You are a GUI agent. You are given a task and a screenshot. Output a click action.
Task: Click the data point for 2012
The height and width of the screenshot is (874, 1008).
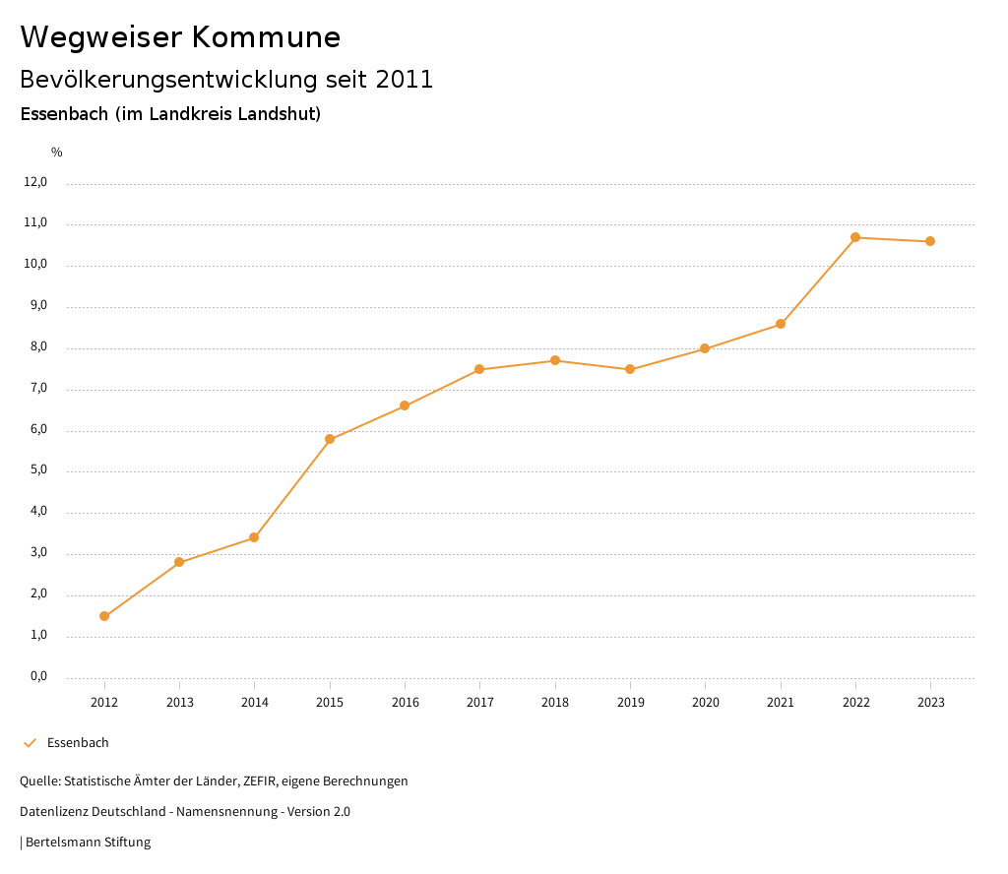point(104,616)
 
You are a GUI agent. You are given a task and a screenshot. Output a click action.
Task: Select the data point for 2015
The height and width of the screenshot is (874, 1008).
point(330,439)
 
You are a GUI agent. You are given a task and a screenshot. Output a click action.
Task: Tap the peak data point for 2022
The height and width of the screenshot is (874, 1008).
point(855,237)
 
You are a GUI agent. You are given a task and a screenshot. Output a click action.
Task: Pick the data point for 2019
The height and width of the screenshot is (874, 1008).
point(630,369)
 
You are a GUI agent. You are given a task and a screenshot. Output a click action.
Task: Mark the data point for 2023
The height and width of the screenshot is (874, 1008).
point(930,241)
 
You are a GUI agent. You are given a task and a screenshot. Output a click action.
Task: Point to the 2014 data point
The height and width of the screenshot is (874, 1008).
point(254,537)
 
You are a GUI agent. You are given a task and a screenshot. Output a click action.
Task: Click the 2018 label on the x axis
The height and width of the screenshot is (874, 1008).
point(555,702)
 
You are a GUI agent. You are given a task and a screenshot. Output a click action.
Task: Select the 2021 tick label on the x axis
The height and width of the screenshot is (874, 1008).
point(781,702)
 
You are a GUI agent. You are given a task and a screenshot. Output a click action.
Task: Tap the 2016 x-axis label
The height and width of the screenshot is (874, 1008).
point(405,702)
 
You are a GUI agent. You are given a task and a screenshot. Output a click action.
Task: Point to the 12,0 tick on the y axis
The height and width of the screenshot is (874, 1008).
point(35,182)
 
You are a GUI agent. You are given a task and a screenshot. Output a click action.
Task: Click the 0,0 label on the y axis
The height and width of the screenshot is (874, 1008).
point(38,677)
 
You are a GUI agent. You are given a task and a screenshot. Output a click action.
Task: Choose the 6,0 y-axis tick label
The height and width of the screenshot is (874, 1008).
point(38,430)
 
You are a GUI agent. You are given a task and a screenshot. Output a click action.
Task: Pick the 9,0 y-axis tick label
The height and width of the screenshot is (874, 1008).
point(38,306)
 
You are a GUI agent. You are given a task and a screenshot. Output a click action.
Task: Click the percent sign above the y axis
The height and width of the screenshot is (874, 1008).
point(57,153)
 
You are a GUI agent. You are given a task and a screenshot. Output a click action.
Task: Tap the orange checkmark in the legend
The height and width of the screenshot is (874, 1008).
point(30,743)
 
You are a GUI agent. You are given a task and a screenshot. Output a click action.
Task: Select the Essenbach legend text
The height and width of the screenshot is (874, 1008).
point(78,743)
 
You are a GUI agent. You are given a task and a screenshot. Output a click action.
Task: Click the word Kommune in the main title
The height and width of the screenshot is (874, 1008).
point(266,37)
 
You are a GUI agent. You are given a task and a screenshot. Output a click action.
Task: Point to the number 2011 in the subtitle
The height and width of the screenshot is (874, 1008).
point(405,80)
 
